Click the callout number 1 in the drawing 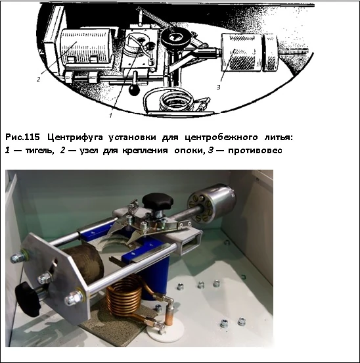click(x=110, y=115)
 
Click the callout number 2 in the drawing click(x=38, y=79)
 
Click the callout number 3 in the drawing click(x=218, y=87)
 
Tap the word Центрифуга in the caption click(x=75, y=137)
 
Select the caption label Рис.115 click(x=22, y=137)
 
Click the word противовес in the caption click(x=255, y=151)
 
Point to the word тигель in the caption click(x=39, y=151)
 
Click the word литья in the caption click(x=279, y=137)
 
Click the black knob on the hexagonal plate click(x=28, y=299)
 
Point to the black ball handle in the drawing click(x=134, y=90)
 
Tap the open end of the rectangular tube click(x=190, y=245)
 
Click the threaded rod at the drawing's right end click(x=294, y=51)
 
